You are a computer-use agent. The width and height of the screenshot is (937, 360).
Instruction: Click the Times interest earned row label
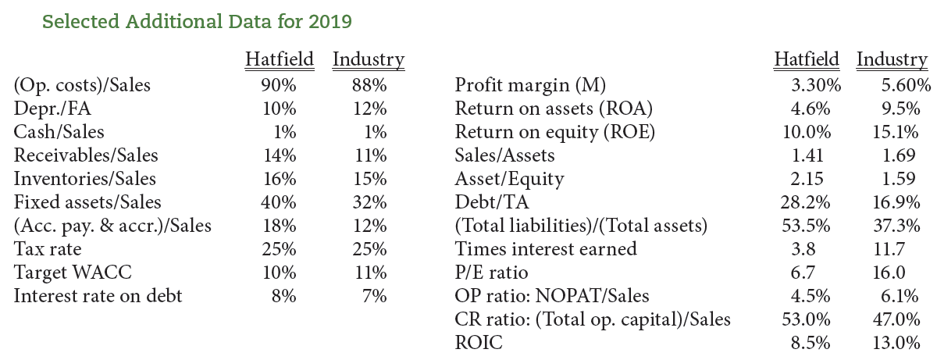pos(545,249)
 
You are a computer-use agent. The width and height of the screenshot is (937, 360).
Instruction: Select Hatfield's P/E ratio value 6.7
pos(814,273)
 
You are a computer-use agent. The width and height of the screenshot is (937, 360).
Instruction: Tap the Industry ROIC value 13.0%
pos(896,343)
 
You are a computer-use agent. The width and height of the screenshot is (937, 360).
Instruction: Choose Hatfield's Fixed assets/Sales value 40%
pos(278,202)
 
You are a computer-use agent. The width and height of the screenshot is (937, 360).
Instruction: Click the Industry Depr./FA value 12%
pos(369,109)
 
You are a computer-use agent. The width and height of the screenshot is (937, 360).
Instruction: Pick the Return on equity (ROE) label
pos(554,132)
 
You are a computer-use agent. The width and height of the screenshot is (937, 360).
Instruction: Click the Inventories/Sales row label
pos(85,179)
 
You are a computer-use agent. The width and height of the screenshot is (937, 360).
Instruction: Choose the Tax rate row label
pos(48,249)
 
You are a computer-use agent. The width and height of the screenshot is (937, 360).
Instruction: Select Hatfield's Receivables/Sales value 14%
pos(278,155)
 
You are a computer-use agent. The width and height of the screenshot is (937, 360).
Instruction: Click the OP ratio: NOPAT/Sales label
pos(551,296)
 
